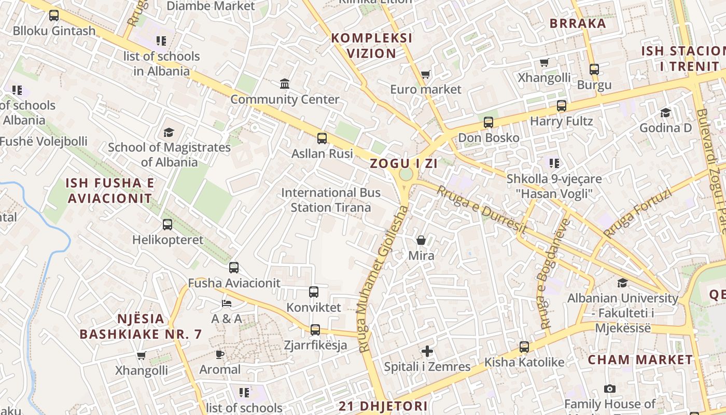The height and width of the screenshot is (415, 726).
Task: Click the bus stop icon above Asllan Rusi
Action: [322, 138]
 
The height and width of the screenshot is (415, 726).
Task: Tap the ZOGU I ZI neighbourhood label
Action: [403, 163]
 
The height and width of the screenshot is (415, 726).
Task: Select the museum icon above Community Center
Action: [285, 84]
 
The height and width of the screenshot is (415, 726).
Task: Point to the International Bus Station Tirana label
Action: [331, 200]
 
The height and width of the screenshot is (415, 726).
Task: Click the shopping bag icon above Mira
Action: [421, 240]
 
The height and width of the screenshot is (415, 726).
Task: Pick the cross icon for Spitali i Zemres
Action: [427, 351]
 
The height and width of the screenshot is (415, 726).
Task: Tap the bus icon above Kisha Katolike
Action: [524, 347]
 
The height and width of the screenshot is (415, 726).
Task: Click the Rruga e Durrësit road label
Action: [482, 210]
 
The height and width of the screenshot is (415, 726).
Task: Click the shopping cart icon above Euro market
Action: [426, 74]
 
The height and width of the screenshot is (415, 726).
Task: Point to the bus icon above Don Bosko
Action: [488, 122]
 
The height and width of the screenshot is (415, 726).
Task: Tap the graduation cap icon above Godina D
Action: [665, 113]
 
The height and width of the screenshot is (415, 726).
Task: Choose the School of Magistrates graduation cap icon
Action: [169, 132]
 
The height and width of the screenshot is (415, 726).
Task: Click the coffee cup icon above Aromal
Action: [220, 354]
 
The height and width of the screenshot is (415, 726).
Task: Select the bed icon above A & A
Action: [227, 303]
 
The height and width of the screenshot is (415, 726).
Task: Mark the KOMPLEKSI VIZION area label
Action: [372, 46]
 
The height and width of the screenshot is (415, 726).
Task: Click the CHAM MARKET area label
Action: [640, 359]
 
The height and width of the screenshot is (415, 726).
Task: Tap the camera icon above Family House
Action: [610, 389]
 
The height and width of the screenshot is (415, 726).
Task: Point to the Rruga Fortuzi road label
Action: [637, 214]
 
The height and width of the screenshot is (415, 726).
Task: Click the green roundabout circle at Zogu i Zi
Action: [406, 174]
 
